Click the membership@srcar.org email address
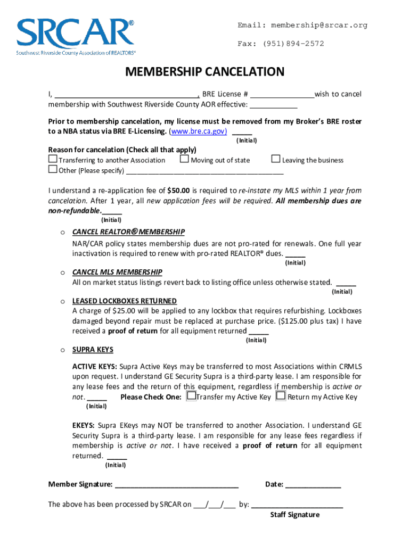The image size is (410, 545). click(319, 26)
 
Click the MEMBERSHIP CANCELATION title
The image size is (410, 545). click(205, 72)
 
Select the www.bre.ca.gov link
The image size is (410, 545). click(198, 131)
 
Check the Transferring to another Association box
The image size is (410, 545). click(53, 159)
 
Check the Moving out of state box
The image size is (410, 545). click(184, 159)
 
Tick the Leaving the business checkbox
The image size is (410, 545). click(275, 159)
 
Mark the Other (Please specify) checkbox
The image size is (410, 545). click(53, 170)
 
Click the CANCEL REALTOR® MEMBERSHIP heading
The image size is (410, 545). click(128, 232)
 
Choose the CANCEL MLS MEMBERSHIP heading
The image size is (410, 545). click(117, 272)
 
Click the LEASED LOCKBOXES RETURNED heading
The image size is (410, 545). click(124, 301)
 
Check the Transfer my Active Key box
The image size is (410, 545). click(191, 397)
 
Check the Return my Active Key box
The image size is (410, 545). click(281, 397)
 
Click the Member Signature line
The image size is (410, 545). click(176, 485)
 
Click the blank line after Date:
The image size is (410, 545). click(313, 485)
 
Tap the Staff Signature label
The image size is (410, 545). click(294, 515)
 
